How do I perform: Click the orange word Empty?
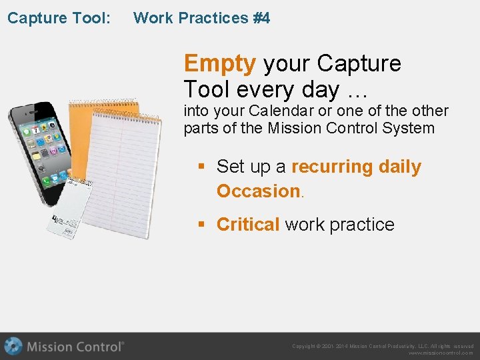point(219,63)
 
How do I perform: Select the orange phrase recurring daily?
point(356,167)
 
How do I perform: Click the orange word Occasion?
point(259,191)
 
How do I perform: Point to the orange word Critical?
point(248,225)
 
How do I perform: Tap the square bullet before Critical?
point(201,225)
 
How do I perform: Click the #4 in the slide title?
point(261,18)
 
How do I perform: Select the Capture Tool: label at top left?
point(59,18)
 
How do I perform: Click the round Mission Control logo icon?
point(13,347)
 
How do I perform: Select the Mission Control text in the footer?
point(75,347)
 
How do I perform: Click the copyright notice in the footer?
point(383,346)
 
